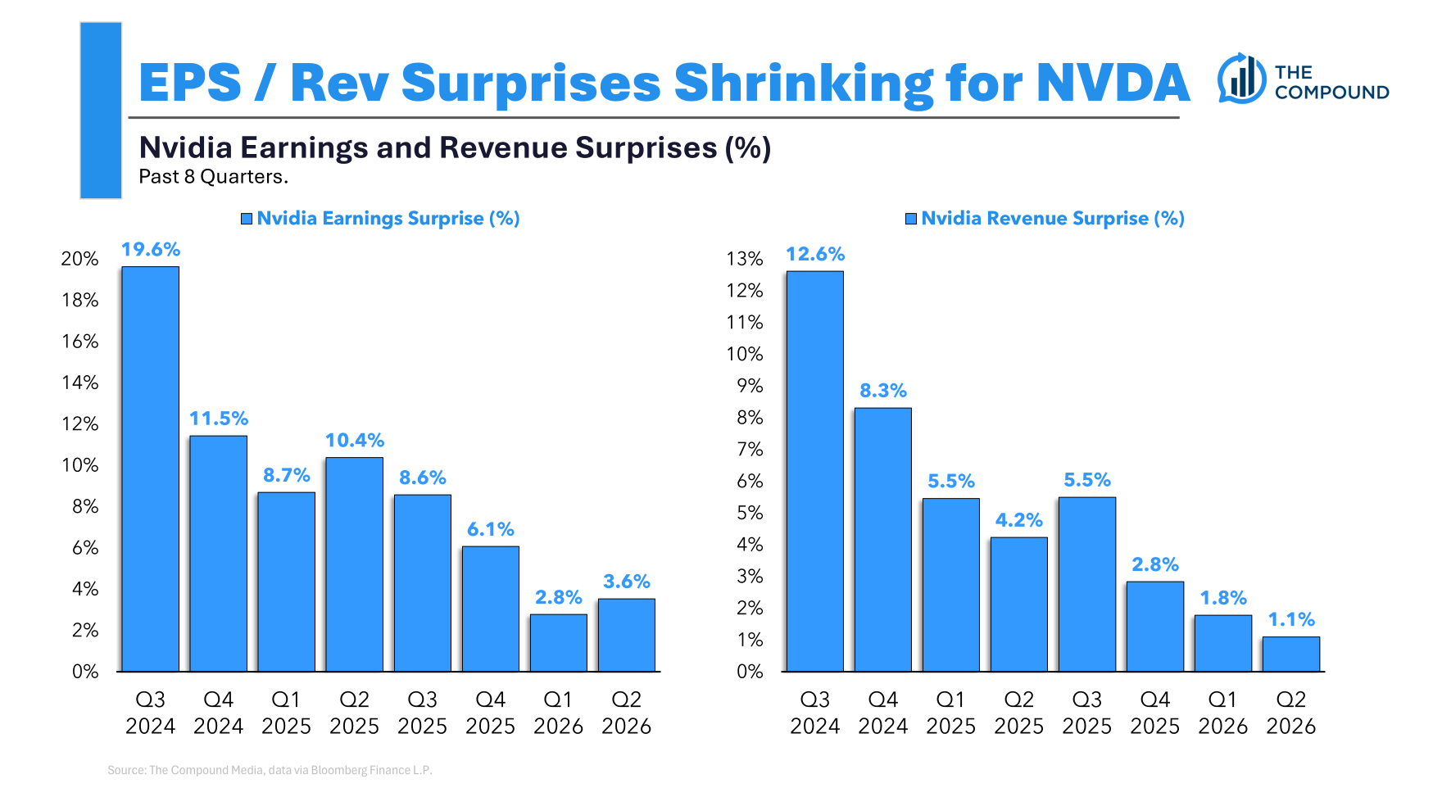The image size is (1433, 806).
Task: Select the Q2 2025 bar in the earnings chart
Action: coord(354,564)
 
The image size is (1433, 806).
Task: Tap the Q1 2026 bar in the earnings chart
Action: coord(558,643)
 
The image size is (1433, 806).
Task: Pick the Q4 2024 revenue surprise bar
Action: coord(882,540)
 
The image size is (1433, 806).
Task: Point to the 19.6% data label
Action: coord(151,249)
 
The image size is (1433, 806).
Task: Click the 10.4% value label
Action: coord(355,440)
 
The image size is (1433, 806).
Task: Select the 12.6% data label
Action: coord(815,254)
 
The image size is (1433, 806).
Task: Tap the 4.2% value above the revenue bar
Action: coord(1018,520)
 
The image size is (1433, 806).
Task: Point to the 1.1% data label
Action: coord(1291,619)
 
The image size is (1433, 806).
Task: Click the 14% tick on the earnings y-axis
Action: coord(80,383)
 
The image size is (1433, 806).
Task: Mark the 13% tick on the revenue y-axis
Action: coord(745,259)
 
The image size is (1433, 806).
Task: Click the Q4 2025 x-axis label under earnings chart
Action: coord(490,713)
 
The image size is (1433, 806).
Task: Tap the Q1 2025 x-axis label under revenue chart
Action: coord(950,713)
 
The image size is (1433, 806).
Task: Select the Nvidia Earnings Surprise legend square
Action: coord(247,219)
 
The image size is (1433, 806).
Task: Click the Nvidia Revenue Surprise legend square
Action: coord(911,219)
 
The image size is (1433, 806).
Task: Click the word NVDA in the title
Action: coord(1112,83)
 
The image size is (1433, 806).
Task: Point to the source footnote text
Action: coord(270,770)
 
